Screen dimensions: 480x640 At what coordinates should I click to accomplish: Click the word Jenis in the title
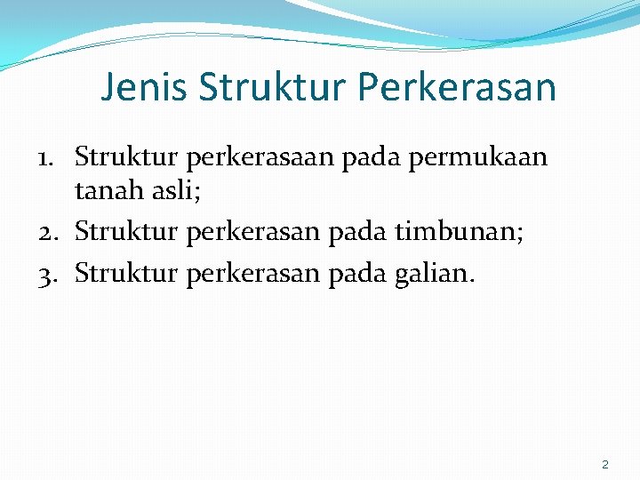click(145, 87)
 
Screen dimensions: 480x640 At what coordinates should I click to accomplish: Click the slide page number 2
click(605, 464)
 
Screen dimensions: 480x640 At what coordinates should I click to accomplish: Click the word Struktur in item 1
click(126, 158)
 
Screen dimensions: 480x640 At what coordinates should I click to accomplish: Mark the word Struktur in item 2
click(126, 233)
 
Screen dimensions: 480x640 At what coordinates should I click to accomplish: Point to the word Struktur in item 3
click(126, 274)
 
